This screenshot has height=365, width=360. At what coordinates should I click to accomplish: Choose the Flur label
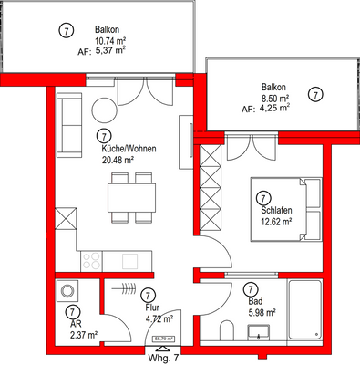[x=152, y=309]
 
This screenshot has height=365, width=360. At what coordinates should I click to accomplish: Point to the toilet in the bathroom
[x=228, y=329]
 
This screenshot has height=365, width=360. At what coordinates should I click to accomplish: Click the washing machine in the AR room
[x=69, y=292]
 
